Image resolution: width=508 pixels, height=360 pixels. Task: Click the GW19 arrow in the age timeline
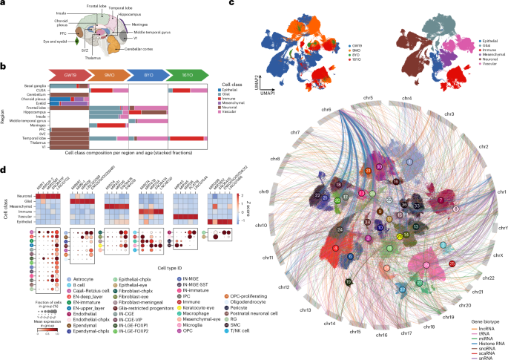(70, 74)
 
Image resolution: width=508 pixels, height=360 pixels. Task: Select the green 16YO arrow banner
(187, 74)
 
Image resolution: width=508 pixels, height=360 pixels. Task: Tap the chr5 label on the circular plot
(367, 98)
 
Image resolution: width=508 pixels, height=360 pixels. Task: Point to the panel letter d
(4, 169)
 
